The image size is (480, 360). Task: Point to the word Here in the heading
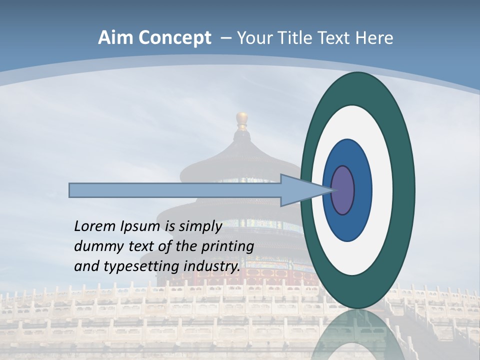pos(374,38)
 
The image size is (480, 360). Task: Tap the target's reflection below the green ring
pos(358,332)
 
